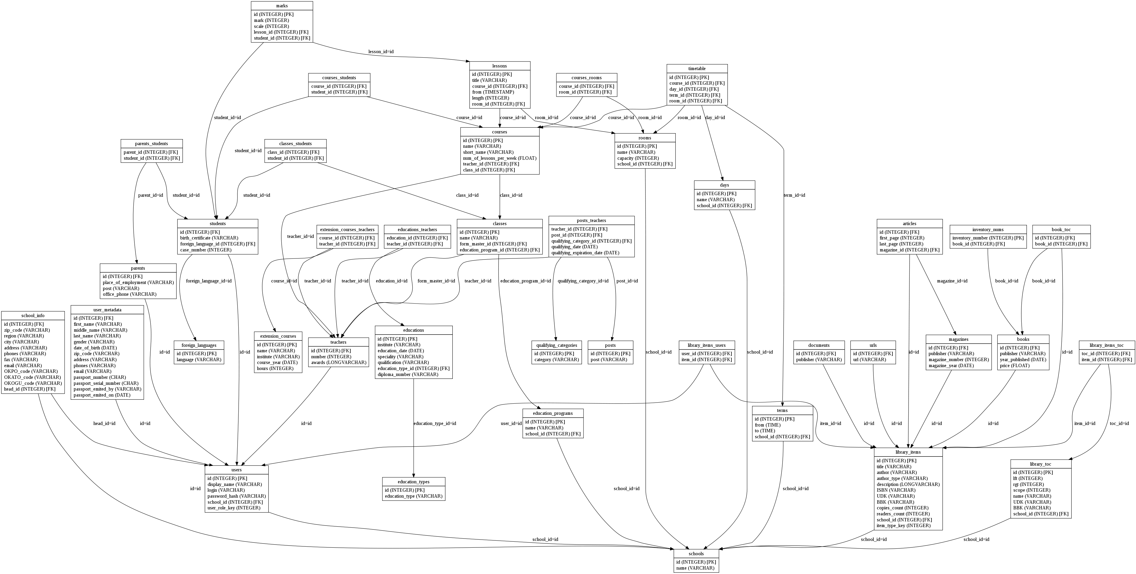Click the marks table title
[x=282, y=6]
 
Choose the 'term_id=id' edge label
[x=794, y=195]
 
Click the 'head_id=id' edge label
[x=104, y=424]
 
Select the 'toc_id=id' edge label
[x=1119, y=424]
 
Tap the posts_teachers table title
[x=591, y=221]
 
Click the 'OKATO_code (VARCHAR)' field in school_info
[x=33, y=377]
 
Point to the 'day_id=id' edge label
[x=715, y=118]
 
